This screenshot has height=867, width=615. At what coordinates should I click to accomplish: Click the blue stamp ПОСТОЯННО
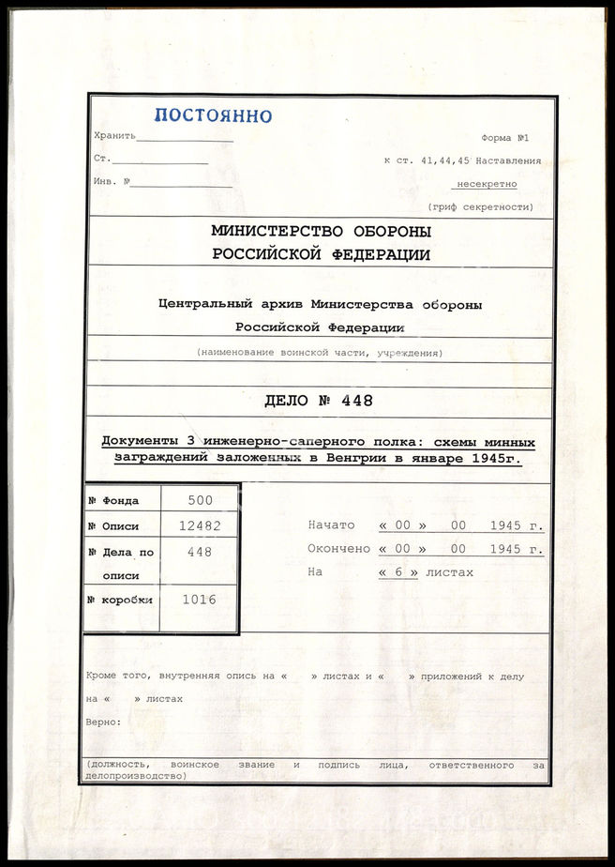(213, 116)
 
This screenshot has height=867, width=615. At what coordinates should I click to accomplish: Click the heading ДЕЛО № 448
(319, 402)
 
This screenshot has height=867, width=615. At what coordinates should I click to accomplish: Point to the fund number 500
(199, 501)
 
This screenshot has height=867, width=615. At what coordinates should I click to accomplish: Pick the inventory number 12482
(199, 526)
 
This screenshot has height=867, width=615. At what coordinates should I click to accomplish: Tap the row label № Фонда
(115, 501)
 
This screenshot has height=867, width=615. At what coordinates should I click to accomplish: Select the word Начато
(332, 525)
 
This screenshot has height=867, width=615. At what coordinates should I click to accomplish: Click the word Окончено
(338, 549)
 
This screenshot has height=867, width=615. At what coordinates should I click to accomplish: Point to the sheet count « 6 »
(398, 572)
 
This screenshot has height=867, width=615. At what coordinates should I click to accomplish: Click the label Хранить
(115, 136)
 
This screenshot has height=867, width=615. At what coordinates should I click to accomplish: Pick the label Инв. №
(112, 182)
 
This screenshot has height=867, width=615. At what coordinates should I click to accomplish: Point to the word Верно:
(104, 722)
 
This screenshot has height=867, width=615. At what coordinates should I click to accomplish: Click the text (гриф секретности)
(481, 206)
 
